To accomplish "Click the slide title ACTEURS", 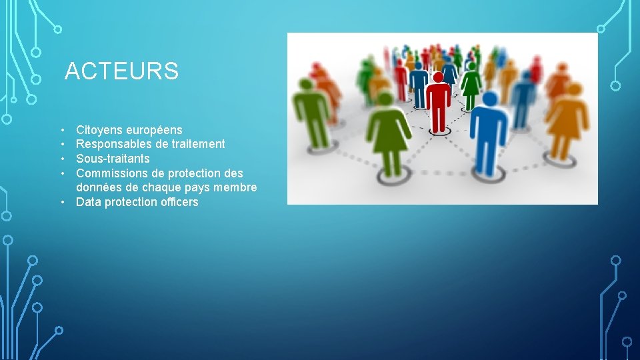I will click(x=122, y=71).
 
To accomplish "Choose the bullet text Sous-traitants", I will click(x=113, y=159).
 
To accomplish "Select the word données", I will click(x=99, y=187).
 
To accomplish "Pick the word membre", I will click(x=236, y=187).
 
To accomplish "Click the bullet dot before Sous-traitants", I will click(x=61, y=159).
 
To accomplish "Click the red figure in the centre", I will click(x=438, y=103).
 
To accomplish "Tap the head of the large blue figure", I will click(x=490, y=101).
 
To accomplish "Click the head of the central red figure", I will click(x=438, y=77).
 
